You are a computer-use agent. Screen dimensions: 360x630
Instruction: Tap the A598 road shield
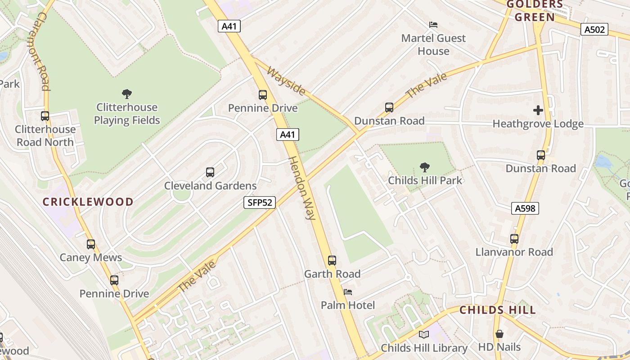pos(525,208)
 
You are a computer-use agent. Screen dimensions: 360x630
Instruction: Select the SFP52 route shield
pos(260,202)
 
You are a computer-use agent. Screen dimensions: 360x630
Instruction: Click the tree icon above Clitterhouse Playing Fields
pos(127,94)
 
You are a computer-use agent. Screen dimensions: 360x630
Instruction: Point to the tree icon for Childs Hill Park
pos(424,167)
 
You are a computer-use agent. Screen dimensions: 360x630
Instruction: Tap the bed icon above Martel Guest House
pos(433,25)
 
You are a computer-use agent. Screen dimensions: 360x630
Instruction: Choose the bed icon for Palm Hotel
pos(348,292)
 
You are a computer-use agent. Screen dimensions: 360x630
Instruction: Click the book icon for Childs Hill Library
pos(423,334)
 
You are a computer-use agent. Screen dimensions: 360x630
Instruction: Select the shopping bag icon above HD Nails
pos(499,334)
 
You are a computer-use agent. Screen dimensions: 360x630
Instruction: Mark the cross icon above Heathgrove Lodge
pos(538,110)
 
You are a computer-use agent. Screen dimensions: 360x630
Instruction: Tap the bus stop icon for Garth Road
pos(332,261)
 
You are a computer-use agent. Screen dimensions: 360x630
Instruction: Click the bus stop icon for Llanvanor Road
pos(514,239)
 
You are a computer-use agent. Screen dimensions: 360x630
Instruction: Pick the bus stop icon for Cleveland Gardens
pos(210,172)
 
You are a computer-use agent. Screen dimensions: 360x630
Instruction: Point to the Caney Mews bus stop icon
pos(91,244)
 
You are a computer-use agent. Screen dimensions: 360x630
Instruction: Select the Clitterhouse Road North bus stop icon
pos(45,116)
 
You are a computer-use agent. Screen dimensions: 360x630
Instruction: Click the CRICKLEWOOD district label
pos(88,202)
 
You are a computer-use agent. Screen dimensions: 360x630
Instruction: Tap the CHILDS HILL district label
pos(497,310)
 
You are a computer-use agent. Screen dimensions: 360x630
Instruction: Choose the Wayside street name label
pos(286,81)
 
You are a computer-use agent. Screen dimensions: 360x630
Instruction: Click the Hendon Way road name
pos(301,188)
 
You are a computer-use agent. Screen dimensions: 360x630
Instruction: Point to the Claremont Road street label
pos(42,51)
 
